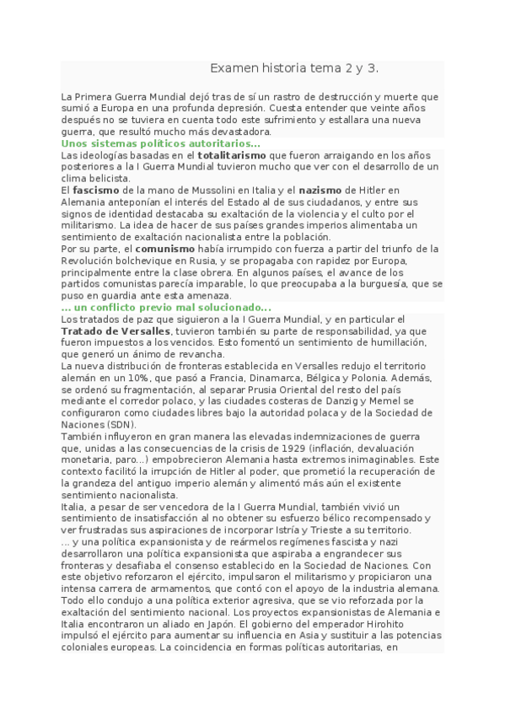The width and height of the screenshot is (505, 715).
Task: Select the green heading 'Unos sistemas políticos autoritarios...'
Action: (148, 144)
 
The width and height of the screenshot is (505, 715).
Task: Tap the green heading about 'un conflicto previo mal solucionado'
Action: (166, 308)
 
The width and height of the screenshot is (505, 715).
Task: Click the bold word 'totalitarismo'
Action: (230, 156)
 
